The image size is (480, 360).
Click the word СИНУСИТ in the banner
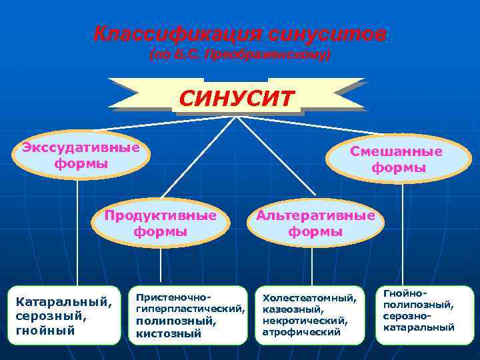pyautogui.click(x=237, y=99)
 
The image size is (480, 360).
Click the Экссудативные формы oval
pyautogui.click(x=81, y=155)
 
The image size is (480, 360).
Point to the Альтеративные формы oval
pyautogui.click(x=315, y=223)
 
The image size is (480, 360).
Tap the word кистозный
pyautogui.click(x=168, y=333)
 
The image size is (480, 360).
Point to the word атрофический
pyautogui.click(x=301, y=331)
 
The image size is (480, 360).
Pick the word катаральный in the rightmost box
pyautogui.click(x=419, y=327)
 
